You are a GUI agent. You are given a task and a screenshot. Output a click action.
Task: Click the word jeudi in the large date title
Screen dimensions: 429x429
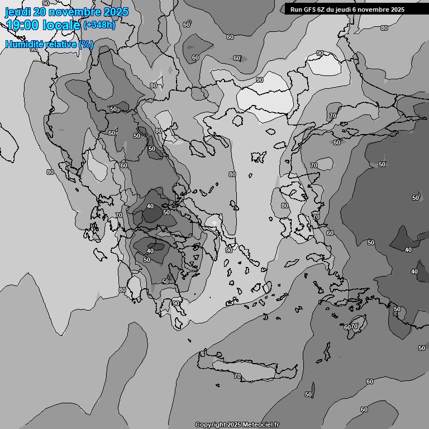(19, 12)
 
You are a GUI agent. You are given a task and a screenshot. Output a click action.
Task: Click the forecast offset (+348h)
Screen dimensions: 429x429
(99, 25)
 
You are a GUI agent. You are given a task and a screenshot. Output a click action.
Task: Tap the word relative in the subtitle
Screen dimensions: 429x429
(60, 44)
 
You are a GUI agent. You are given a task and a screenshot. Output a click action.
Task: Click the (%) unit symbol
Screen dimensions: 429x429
(86, 44)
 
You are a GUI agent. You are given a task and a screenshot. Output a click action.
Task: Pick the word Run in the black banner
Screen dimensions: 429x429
(296, 9)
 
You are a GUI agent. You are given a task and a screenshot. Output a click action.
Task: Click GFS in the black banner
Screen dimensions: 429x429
(311, 9)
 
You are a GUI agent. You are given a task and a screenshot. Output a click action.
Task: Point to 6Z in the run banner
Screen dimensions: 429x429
(324, 9)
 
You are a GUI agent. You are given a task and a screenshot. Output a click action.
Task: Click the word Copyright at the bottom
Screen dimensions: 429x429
(211, 425)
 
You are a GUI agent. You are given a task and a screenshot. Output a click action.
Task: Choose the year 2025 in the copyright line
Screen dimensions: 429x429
(235, 425)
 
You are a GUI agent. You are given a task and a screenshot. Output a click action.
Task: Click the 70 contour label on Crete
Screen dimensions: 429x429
(237, 376)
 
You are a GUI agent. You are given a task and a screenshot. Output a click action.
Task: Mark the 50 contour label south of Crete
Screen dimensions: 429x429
(308, 394)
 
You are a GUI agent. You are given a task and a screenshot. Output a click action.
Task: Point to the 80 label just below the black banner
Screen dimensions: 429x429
(384, 28)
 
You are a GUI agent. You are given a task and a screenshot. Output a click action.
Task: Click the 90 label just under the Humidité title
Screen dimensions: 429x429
(34, 49)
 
